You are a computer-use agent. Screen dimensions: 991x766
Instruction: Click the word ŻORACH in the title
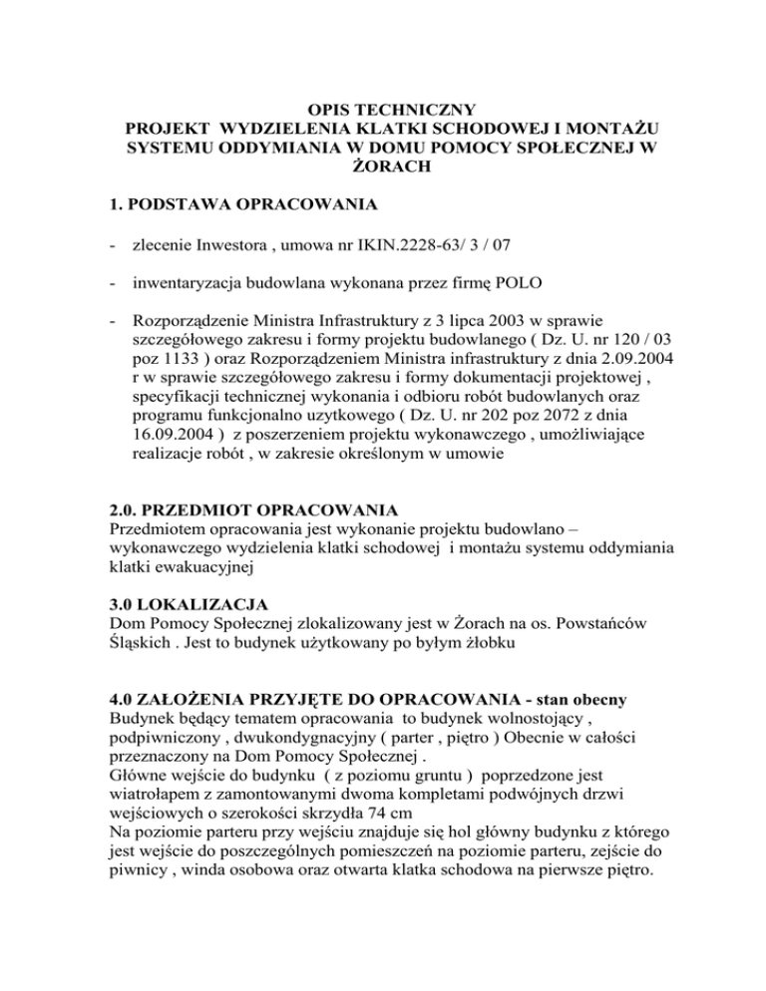tap(382, 169)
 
